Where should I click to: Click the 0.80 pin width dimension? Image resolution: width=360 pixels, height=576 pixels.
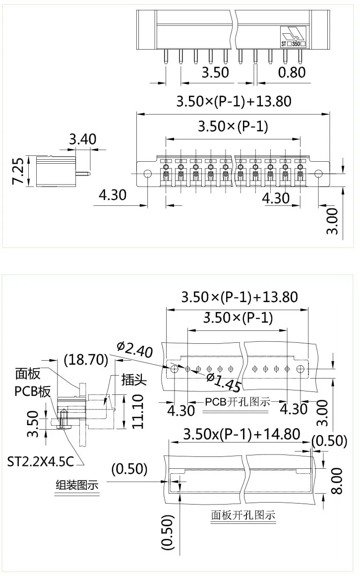click(292, 72)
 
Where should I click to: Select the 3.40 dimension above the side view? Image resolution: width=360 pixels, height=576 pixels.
click(82, 139)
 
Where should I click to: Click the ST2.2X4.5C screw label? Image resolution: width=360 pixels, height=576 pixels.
click(41, 462)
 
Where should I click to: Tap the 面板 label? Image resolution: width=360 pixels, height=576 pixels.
click(28, 374)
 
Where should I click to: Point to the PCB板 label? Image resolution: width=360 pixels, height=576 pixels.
click(32, 391)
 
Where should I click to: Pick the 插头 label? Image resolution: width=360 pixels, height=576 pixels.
click(134, 381)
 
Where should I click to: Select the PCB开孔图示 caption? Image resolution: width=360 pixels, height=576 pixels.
click(238, 401)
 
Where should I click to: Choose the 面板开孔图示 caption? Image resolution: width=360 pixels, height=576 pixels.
click(243, 515)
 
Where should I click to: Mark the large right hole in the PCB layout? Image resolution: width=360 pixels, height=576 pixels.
click(300, 369)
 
